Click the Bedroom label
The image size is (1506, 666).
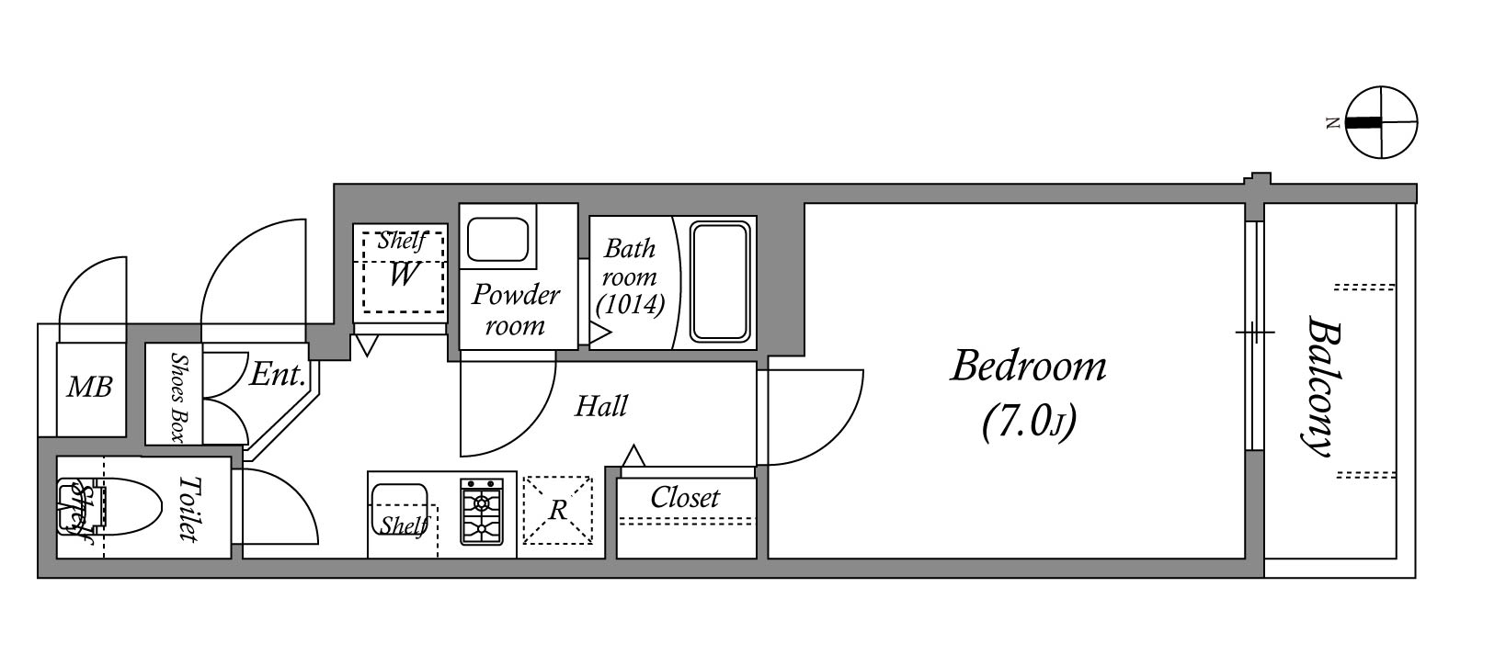1028,367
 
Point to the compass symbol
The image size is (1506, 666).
1381,122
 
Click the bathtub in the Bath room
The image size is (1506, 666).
723,281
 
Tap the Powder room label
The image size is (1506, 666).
515,310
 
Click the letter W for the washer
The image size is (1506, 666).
402,274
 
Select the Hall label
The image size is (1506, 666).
600,406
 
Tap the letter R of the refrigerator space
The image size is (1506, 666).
558,511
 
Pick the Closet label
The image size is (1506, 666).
685,498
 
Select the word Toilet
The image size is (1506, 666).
188,507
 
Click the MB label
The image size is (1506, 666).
90,388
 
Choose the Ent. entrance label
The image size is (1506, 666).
277,375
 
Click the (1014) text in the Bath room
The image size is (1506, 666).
630,304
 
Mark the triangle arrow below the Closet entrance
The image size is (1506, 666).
633,456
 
